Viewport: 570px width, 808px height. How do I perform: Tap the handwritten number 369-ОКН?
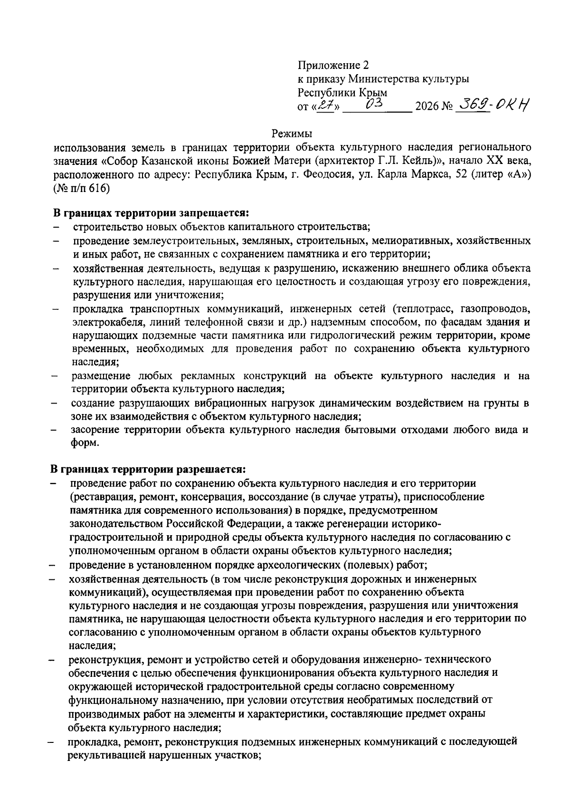point(492,104)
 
